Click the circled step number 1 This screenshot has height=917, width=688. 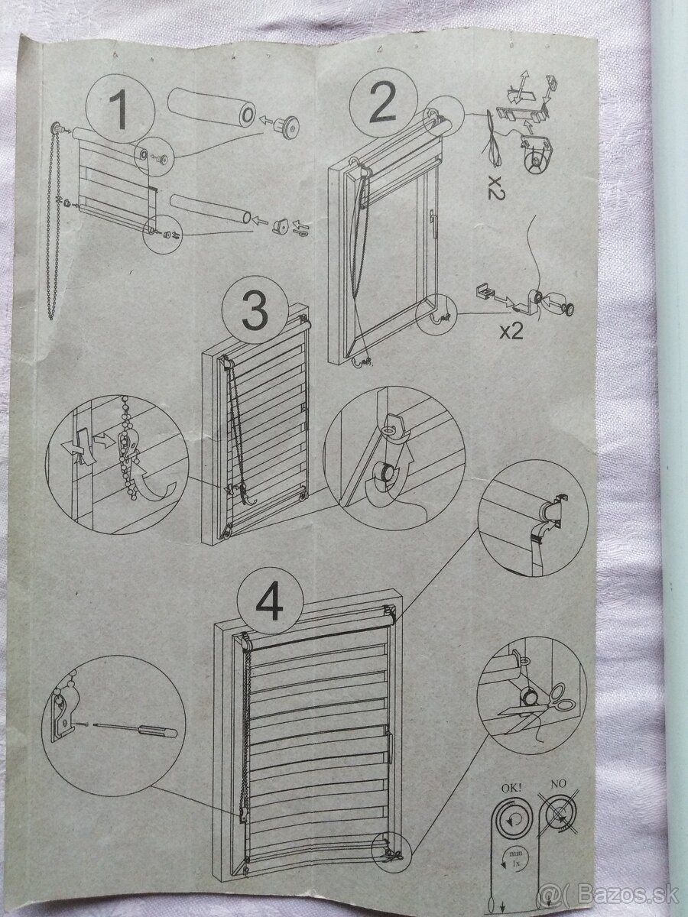coord(121,109)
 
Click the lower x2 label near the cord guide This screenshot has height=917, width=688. coord(511,332)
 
